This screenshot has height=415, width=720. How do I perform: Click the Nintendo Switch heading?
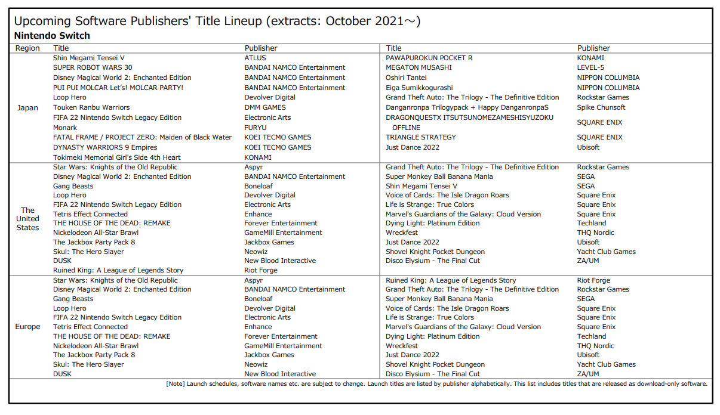tap(52, 36)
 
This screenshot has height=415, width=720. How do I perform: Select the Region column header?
tap(27, 48)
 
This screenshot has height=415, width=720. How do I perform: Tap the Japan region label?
tap(27, 108)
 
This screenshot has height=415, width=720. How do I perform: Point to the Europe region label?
tap(27, 327)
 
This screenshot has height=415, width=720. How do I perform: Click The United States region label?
tap(27, 219)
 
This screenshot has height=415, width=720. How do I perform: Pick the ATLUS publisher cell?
tap(255, 58)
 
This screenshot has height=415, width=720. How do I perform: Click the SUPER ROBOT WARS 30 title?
tap(93, 68)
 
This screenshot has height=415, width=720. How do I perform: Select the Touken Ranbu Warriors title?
tap(91, 108)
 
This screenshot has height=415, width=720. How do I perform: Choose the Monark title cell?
tap(65, 128)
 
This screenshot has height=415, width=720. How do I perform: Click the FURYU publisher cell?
tap(256, 128)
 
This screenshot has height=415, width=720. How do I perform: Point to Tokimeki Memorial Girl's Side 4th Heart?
tap(116, 157)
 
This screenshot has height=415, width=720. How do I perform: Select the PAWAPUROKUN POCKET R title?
tap(429, 58)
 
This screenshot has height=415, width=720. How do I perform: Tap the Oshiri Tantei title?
tap(407, 78)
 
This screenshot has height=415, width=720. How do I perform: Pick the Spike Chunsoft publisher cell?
tap(601, 108)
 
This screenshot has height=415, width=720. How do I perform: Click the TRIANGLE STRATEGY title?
tap(421, 137)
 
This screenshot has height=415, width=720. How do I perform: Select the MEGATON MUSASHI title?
tap(419, 68)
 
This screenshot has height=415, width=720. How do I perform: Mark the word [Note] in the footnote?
tap(176, 383)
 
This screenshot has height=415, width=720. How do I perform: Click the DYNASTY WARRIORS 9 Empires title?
tap(105, 147)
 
